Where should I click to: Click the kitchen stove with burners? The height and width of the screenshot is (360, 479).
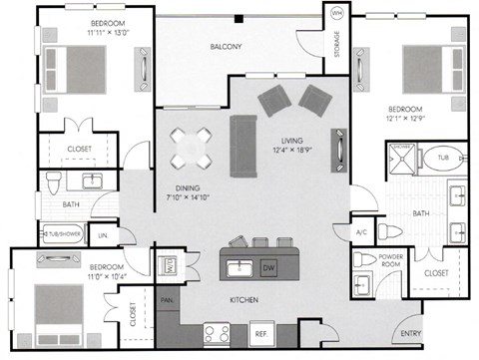[x=218, y=333]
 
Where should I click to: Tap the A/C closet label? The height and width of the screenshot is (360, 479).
[x=362, y=232]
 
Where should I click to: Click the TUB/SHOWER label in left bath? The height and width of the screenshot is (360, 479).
[x=65, y=234]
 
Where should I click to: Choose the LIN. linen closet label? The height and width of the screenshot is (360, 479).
[x=102, y=234]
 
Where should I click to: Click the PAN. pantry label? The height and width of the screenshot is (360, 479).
[x=165, y=297]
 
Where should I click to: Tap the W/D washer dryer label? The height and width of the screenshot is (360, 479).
[x=170, y=265]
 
